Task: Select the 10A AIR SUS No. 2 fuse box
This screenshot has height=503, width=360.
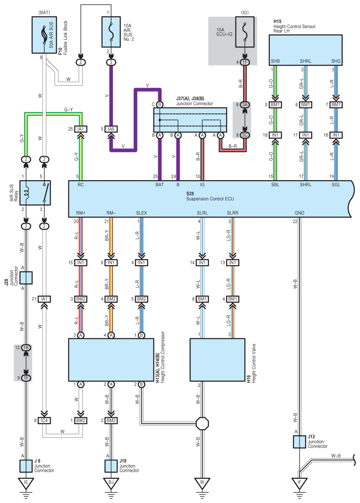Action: (x=111, y=32)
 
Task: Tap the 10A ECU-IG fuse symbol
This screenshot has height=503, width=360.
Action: (x=245, y=32)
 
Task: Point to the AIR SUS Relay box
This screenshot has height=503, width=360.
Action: (x=35, y=193)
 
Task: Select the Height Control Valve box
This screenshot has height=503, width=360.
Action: (x=218, y=360)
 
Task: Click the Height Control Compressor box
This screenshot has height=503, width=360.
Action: (x=111, y=360)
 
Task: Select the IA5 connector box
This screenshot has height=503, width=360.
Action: (x=111, y=129)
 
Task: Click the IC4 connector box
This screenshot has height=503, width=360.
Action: (x=44, y=420)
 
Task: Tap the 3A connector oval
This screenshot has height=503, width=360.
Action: (x=245, y=105)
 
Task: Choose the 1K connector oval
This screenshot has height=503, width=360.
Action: (x=26, y=347)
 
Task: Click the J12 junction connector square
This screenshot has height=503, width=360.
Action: (x=299, y=442)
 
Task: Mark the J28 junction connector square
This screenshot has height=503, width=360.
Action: (x=26, y=278)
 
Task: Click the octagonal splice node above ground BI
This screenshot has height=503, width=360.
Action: (x=202, y=423)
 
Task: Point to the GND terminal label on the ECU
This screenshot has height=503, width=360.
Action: (x=299, y=213)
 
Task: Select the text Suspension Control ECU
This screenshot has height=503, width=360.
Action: (x=210, y=199)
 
